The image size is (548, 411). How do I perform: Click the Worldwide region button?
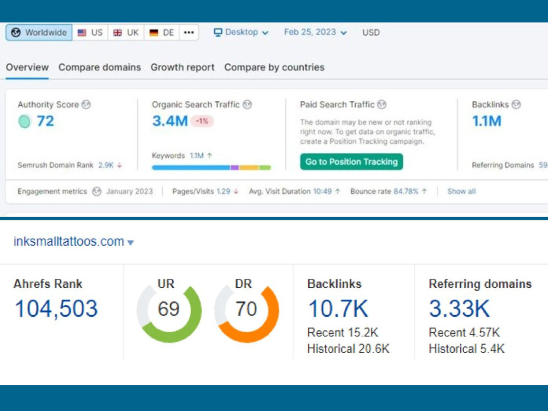pos(39,32)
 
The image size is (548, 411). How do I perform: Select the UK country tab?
pos(126,32)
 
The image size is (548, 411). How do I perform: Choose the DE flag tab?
pos(162,32)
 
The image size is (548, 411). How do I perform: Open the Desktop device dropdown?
pos(241,32)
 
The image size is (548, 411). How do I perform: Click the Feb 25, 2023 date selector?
pos(315,32)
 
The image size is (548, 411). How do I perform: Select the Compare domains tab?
pos(100,67)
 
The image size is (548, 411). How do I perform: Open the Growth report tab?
pos(182,67)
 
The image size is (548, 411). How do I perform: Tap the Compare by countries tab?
pos(275,67)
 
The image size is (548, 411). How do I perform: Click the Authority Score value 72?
pos(45,121)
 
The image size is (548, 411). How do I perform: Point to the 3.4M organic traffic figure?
pos(170,121)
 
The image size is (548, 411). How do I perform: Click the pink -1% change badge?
pos(202,121)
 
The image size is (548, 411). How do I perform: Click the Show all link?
pos(461,191)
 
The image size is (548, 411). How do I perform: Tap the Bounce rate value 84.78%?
pos(406,191)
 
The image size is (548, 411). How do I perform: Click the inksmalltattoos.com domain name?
pos(69,242)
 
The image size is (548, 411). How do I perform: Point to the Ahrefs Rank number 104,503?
pos(56,309)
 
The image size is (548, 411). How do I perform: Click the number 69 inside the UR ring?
pos(168,309)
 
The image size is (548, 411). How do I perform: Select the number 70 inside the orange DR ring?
pos(246,309)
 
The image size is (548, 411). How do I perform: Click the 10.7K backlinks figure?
pos(338,309)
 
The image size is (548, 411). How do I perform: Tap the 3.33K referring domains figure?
pos(459,309)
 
